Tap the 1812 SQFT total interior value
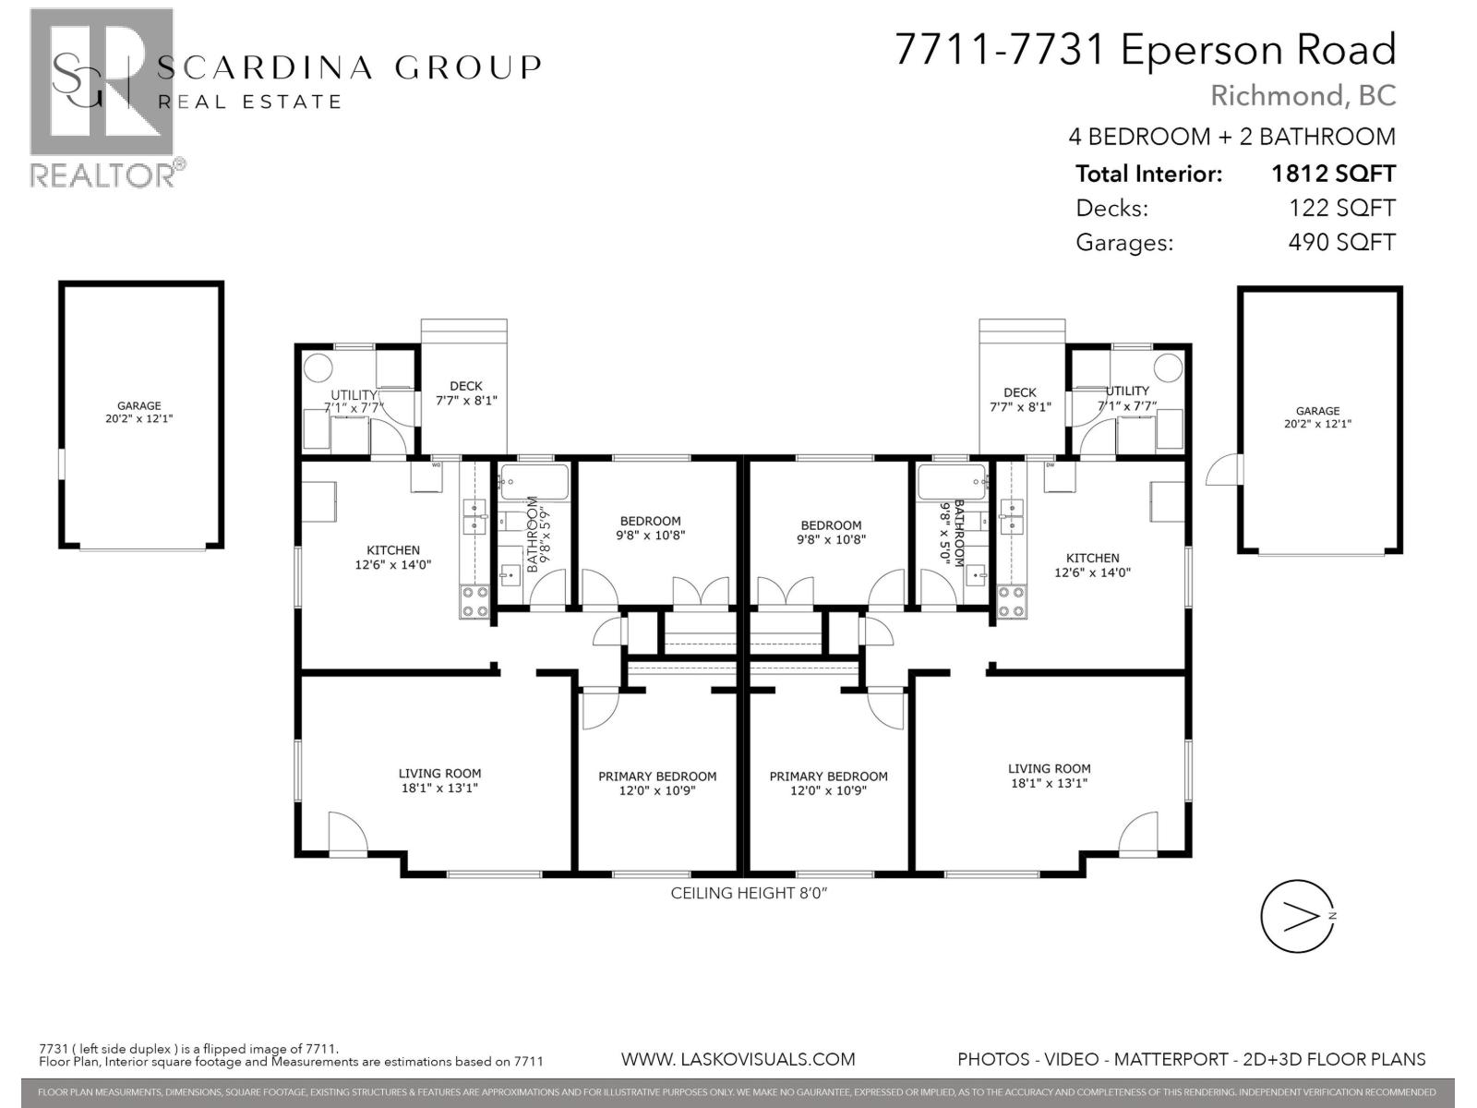(1332, 174)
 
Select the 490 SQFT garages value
(1340, 243)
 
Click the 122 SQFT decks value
(1340, 209)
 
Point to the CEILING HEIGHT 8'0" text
(742, 893)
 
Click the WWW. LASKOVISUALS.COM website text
(738, 1059)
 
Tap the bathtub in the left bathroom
(534, 479)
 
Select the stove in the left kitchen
(475, 602)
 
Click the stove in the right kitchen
(1011, 602)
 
